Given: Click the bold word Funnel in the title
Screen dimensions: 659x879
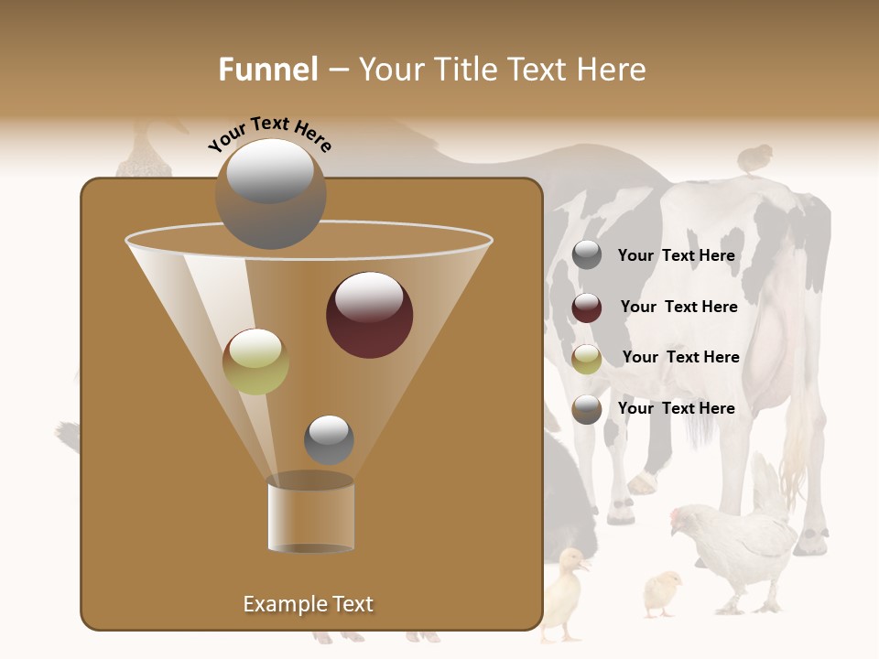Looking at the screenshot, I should click(267, 70).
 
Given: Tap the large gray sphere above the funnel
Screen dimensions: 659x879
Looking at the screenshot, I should click(270, 193).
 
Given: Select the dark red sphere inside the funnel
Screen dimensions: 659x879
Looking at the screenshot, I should click(369, 314).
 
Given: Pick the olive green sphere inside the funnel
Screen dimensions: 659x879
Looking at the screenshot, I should click(255, 362).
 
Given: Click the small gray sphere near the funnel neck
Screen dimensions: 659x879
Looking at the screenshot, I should click(329, 439).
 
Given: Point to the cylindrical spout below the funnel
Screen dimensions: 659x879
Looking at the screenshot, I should click(311, 515).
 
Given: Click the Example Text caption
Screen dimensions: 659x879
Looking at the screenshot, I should click(308, 604).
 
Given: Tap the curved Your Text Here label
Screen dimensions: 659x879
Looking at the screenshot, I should click(270, 134).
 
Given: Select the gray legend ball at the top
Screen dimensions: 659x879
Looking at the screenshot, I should click(587, 255).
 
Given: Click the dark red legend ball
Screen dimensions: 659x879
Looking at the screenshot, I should click(587, 308).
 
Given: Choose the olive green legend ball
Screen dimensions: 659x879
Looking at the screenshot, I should click(587, 359).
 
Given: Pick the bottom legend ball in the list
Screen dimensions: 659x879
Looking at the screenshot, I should click(587, 409).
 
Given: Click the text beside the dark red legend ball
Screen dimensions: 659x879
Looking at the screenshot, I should click(678, 307).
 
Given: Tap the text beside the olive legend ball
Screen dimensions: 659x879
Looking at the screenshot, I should click(680, 357).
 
